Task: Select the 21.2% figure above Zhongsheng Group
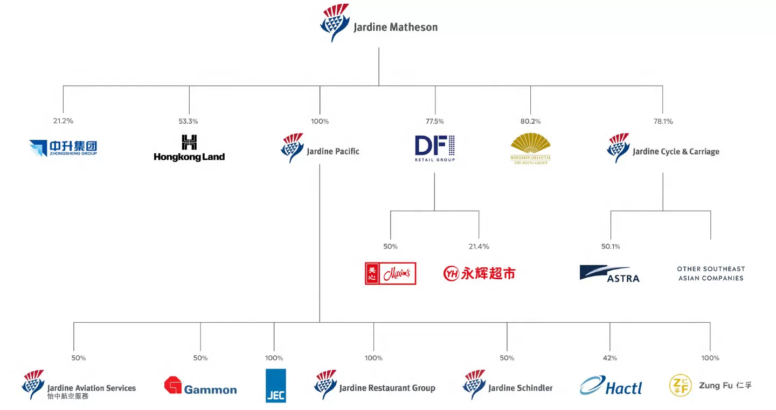[x=63, y=121]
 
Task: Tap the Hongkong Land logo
[x=189, y=148]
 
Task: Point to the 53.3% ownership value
[x=189, y=121]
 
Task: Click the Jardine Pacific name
[x=332, y=152]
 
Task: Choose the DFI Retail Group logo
[x=435, y=148]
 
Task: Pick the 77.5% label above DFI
[x=434, y=121]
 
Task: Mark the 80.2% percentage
[x=530, y=121]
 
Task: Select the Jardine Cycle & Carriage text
[x=676, y=152]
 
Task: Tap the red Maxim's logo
[x=390, y=273]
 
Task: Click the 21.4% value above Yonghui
[x=479, y=246]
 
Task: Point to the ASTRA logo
[x=609, y=273]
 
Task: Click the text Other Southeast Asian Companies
[x=710, y=273]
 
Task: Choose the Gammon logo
[x=200, y=386]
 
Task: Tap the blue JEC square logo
[x=276, y=385]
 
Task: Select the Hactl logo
[x=611, y=386]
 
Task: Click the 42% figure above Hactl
[x=609, y=358]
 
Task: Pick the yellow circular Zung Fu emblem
[x=680, y=385]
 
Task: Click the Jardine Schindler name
[x=520, y=388]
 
